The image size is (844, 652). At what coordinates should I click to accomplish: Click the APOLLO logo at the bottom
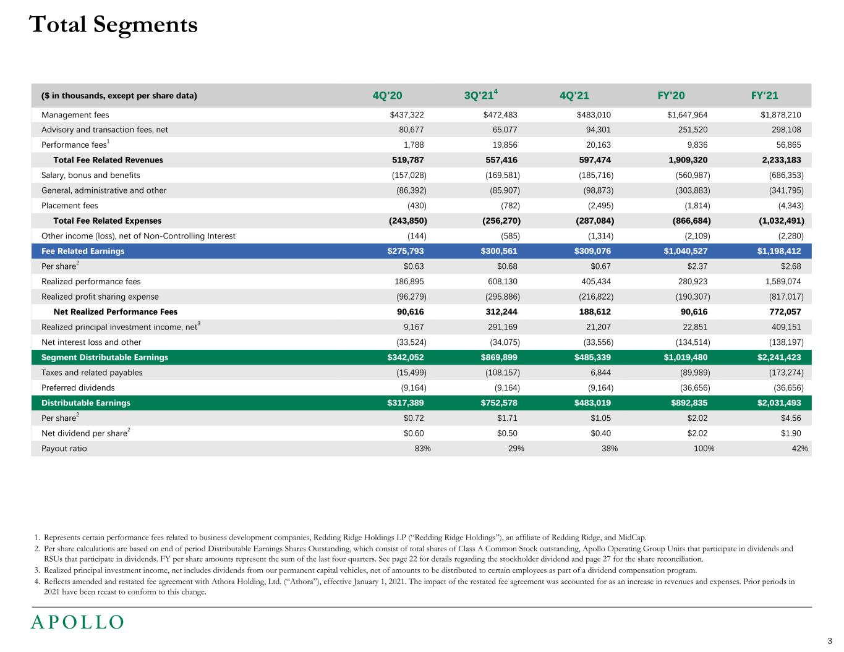tap(78, 622)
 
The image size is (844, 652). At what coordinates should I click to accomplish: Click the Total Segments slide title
tap(113, 25)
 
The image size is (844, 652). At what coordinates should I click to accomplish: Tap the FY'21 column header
tap(764, 95)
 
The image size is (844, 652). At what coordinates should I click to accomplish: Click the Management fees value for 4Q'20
tap(407, 115)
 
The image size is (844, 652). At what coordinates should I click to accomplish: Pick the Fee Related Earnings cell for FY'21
tap(779, 251)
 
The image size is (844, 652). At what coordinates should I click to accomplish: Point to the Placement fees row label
tap(69, 206)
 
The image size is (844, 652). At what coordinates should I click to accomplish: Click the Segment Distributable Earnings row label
tap(104, 357)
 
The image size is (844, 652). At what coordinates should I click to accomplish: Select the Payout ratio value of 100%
tap(704, 449)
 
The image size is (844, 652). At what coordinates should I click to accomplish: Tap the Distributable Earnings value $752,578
tap(499, 403)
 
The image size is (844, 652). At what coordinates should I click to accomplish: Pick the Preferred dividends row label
tap(78, 388)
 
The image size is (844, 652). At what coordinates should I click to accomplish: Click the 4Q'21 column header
tap(574, 95)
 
